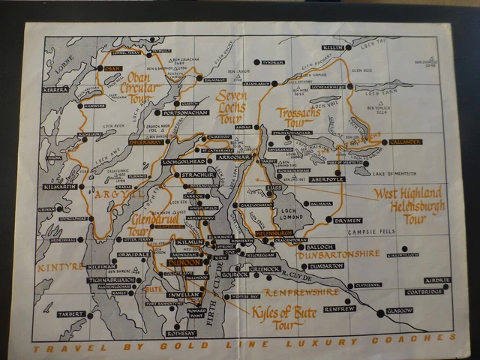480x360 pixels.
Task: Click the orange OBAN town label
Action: tap(112, 68)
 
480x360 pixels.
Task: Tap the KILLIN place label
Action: tap(333, 47)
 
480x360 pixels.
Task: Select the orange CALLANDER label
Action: tap(406, 142)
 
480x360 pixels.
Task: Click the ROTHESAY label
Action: tap(180, 333)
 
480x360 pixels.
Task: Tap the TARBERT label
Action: tap(71, 315)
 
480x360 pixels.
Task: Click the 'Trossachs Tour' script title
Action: tap(298, 115)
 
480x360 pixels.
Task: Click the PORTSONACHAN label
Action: tap(183, 112)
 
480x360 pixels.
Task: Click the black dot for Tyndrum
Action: tap(256, 61)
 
